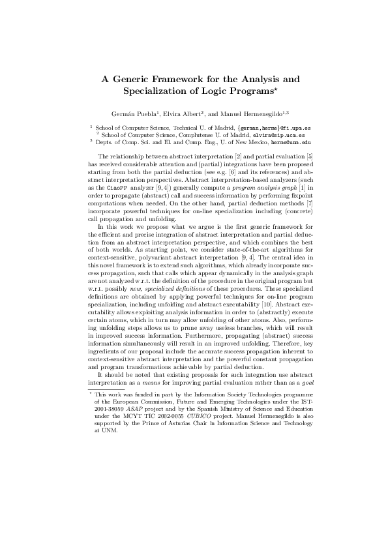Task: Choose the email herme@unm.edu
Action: (x=291, y=141)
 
